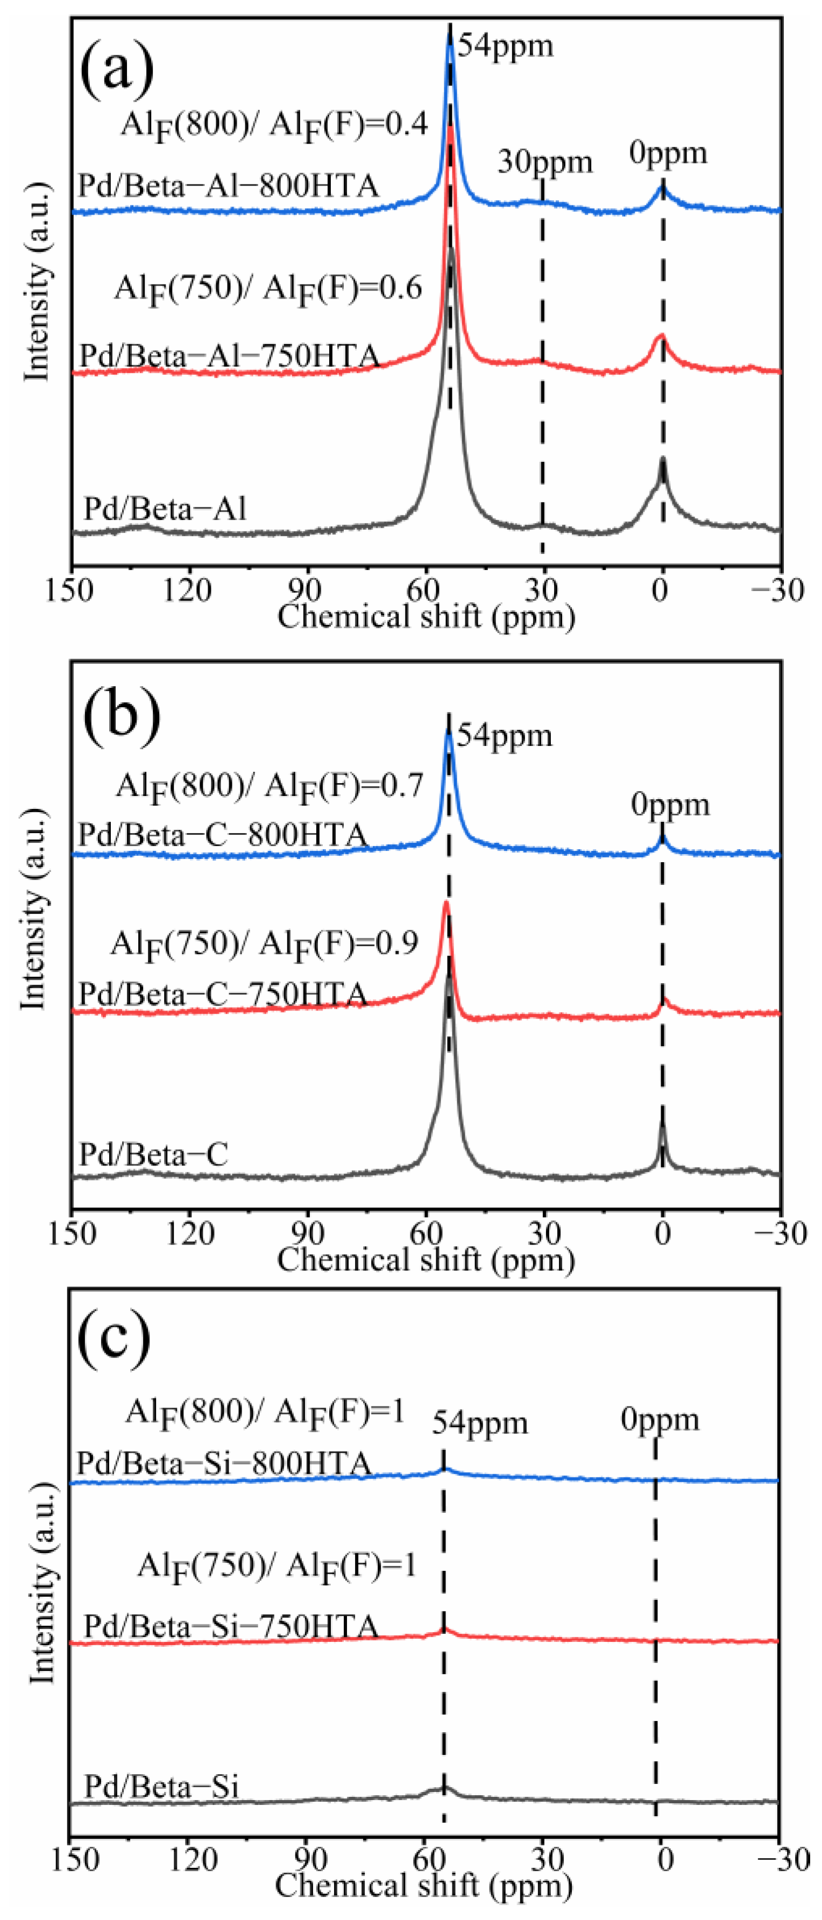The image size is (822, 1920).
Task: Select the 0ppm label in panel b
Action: (670, 804)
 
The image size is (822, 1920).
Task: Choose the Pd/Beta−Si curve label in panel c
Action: (161, 1787)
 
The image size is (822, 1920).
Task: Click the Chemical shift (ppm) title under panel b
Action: (426, 1260)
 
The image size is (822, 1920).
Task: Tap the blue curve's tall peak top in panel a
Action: (449, 31)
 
